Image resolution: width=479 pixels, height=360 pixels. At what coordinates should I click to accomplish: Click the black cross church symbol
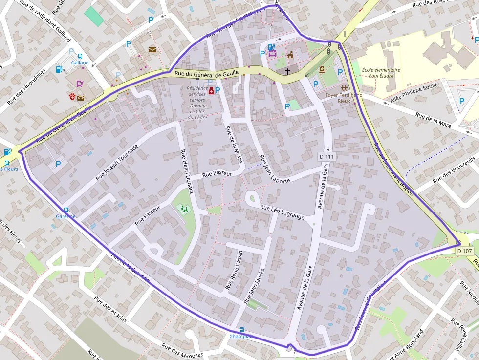point(287,72)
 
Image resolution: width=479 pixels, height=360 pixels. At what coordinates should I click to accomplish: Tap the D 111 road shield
point(327,156)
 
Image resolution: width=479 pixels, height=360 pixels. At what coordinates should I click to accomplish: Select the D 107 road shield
point(465,251)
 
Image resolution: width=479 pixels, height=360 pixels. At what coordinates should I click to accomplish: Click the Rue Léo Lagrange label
point(282,212)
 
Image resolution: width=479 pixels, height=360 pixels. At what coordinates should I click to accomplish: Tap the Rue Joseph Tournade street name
point(117,162)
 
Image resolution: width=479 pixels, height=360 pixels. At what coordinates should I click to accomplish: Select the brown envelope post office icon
point(152,49)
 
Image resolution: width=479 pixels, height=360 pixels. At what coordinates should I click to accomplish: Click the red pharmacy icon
point(211,91)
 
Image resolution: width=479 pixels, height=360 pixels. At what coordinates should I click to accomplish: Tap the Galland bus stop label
point(80,63)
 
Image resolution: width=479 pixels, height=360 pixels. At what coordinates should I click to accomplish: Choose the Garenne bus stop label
point(65,216)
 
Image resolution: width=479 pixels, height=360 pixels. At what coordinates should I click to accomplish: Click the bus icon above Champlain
point(242,330)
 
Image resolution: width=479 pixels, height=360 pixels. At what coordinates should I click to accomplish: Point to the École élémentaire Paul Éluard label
point(381,73)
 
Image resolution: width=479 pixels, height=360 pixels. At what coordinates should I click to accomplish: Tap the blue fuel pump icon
point(59,69)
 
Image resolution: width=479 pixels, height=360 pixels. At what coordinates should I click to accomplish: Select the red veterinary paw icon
point(72,97)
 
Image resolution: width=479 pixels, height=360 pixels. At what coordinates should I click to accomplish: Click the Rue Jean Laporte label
point(274,169)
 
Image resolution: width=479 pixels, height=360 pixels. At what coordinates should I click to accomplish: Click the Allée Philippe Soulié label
point(414,93)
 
